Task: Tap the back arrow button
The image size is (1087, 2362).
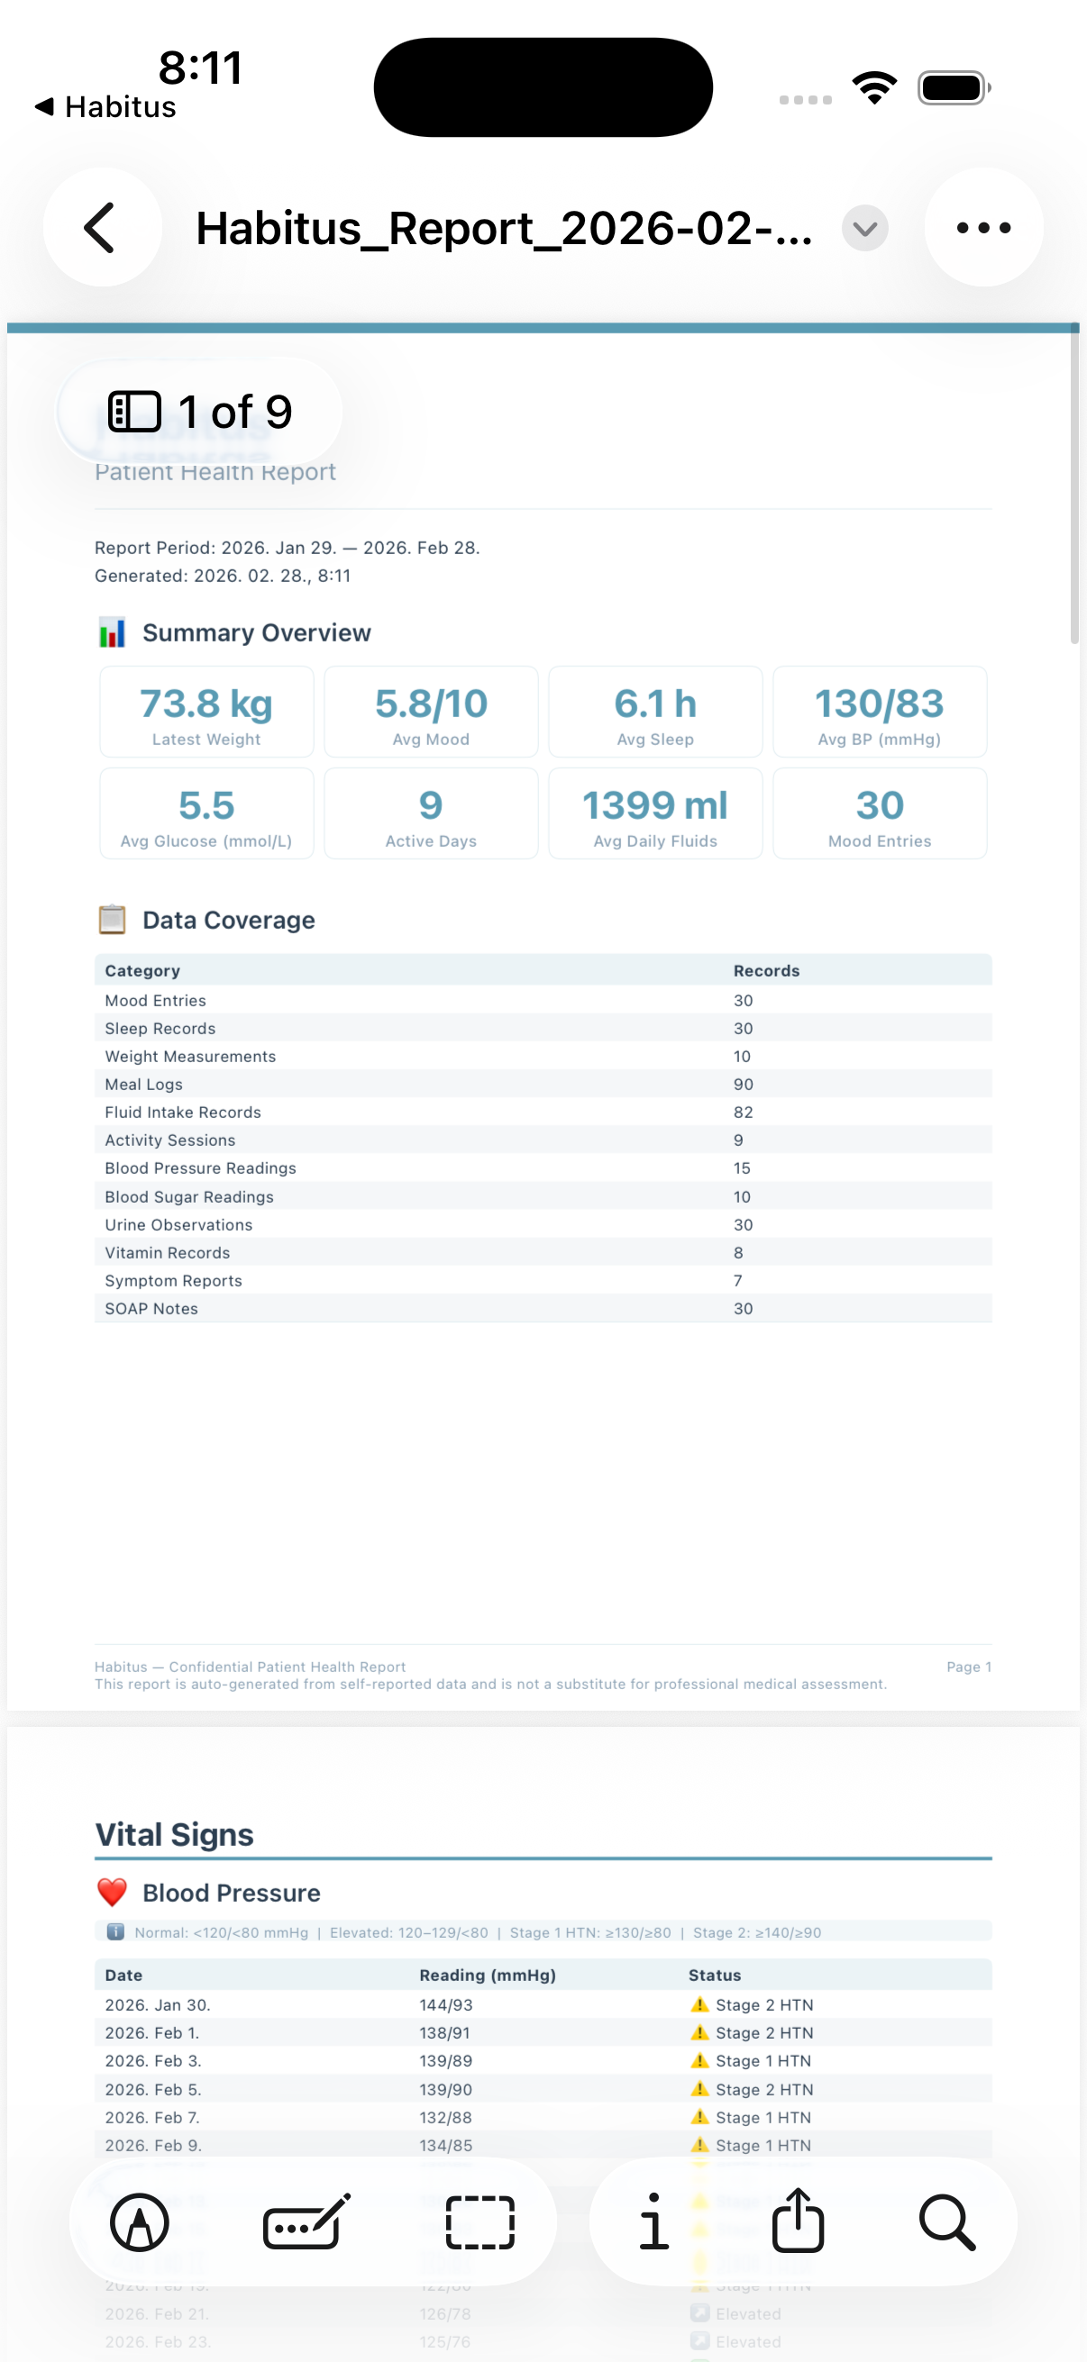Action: [x=102, y=227]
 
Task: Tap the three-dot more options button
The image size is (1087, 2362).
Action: [x=982, y=227]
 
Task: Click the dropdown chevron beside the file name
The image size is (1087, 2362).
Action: [x=864, y=228]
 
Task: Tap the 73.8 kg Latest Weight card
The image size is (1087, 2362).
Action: [x=206, y=713]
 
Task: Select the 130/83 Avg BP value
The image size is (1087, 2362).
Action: [x=879, y=704]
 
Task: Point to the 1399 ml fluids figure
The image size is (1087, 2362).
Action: [x=655, y=806]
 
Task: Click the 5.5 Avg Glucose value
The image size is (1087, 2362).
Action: [x=206, y=806]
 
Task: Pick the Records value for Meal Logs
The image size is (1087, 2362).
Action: [x=743, y=1085]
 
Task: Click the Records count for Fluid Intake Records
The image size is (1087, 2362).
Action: [x=743, y=1113]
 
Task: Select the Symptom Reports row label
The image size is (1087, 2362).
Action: [x=173, y=1281]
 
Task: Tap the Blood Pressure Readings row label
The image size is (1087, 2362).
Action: [x=200, y=1168]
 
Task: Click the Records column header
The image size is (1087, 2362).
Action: [x=766, y=971]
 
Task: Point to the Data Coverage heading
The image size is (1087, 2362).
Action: [x=228, y=920]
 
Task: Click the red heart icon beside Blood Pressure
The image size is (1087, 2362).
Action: [x=112, y=1893]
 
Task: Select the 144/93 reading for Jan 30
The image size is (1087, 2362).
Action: [x=446, y=2005]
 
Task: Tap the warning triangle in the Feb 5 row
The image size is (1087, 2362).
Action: [x=700, y=2089]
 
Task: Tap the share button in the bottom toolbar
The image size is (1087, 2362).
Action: [x=798, y=2221]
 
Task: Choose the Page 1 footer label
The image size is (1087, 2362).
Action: [x=969, y=1667]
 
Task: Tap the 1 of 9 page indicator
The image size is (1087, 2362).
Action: [x=200, y=412]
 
